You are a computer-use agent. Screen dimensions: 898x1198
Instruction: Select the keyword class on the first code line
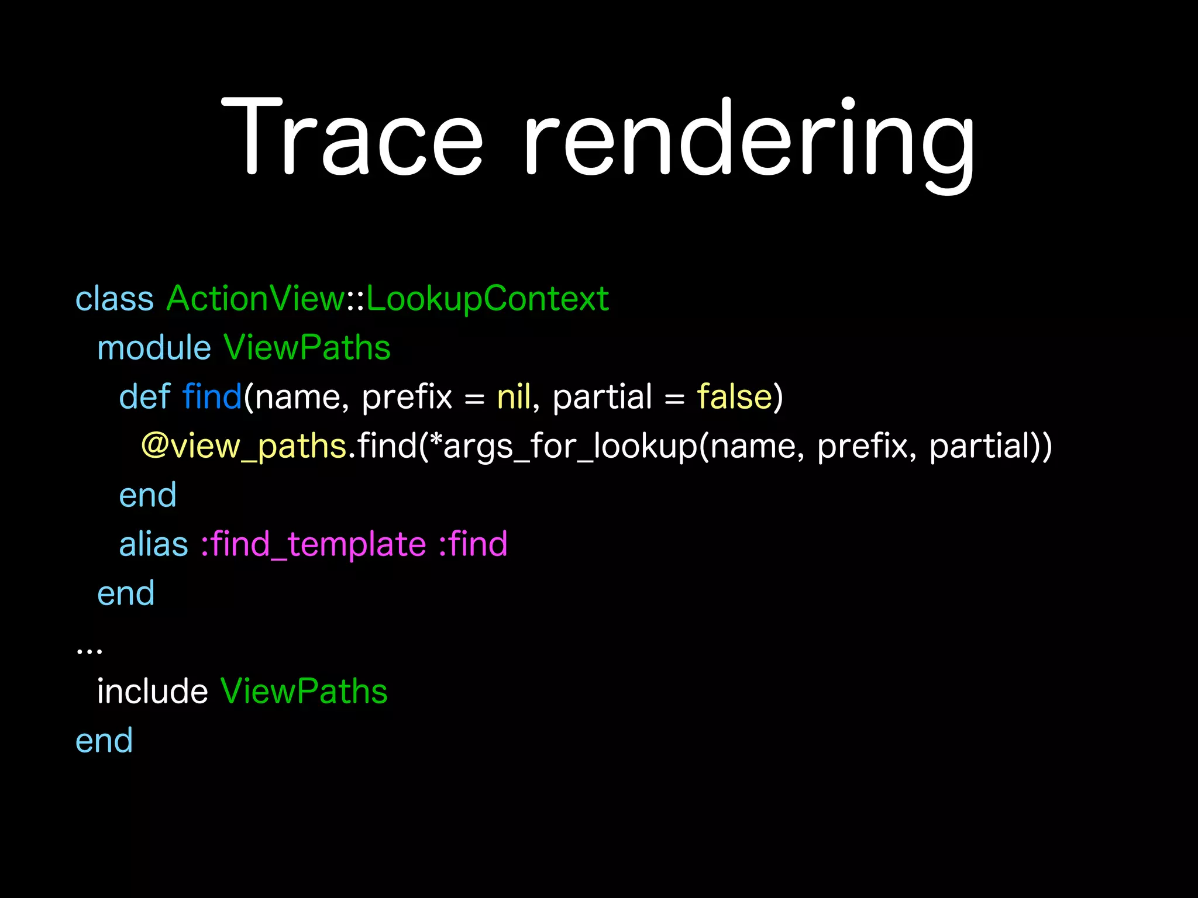click(x=115, y=299)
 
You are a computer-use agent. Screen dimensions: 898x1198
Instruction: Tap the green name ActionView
click(x=256, y=299)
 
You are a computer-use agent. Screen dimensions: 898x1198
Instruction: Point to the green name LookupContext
click(x=487, y=300)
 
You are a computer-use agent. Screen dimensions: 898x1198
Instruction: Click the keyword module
click(x=154, y=348)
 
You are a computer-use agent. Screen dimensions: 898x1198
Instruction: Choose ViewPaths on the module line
click(x=307, y=348)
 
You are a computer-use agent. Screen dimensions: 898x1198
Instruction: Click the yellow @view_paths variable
click(x=243, y=447)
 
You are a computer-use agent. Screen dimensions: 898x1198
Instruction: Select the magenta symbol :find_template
click(x=313, y=545)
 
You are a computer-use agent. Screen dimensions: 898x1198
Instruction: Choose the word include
click(x=152, y=691)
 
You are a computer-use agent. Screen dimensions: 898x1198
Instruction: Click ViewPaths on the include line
click(x=304, y=691)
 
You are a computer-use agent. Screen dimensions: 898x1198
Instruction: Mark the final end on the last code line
click(x=104, y=741)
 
